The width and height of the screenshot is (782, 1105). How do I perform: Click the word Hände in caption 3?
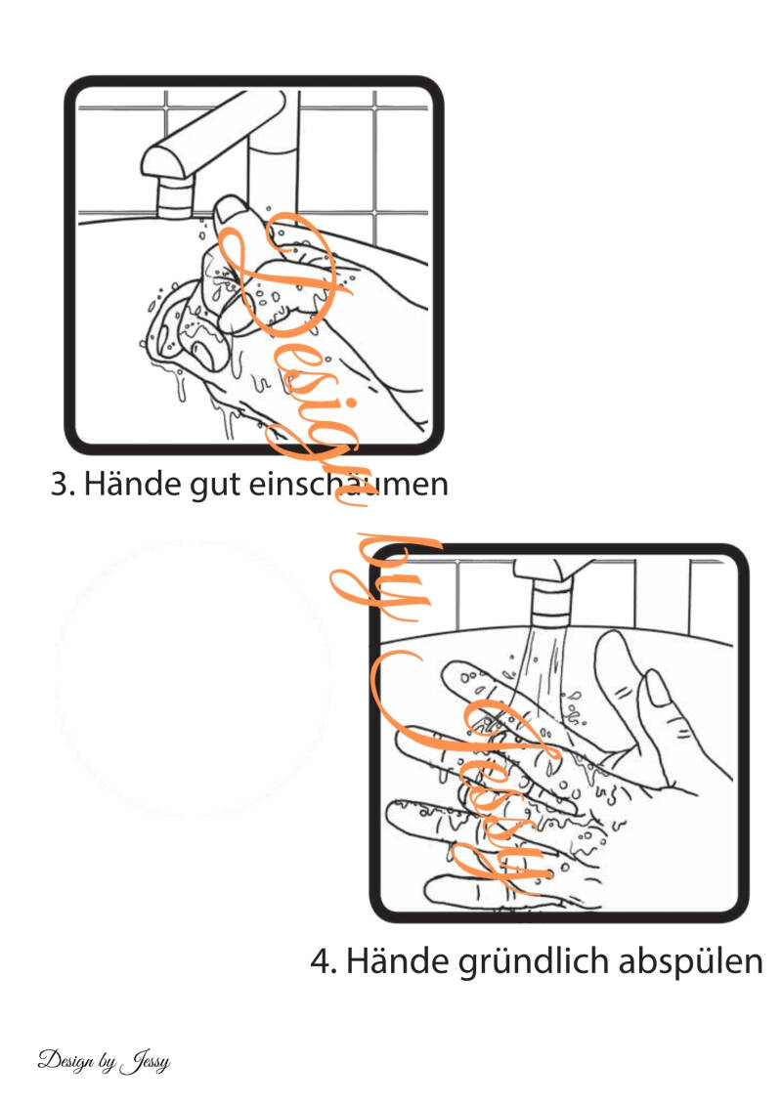(132, 484)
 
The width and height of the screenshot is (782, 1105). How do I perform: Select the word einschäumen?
(349, 484)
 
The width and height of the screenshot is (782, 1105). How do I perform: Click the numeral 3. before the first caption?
(63, 485)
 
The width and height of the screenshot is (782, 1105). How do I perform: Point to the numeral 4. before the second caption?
(324, 961)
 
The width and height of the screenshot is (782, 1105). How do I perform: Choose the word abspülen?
(691, 962)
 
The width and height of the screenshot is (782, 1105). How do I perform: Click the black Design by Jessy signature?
(105, 1061)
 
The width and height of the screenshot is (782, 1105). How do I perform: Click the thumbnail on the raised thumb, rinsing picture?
(658, 688)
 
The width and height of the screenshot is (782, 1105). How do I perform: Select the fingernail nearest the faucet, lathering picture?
(230, 208)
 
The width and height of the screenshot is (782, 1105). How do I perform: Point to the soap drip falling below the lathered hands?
(181, 389)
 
